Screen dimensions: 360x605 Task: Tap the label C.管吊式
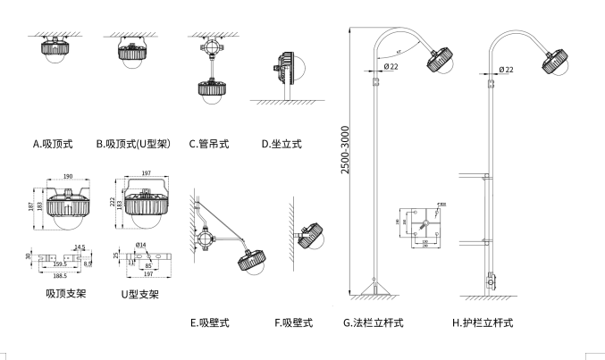[x=208, y=143]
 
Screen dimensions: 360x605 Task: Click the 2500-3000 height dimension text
[x=346, y=153]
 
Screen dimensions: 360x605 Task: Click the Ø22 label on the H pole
[x=506, y=69]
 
